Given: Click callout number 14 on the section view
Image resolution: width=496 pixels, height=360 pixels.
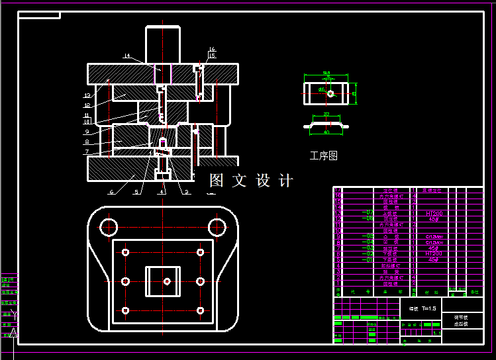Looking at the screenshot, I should click(x=126, y=56).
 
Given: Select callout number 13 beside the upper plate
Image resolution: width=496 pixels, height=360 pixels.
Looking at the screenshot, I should click(x=87, y=96).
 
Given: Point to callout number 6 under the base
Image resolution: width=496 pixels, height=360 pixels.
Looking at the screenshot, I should click(x=111, y=192).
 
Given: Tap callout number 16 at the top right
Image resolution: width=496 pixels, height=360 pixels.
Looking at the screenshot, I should click(x=212, y=49).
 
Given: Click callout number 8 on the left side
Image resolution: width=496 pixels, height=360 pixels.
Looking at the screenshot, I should click(x=87, y=142).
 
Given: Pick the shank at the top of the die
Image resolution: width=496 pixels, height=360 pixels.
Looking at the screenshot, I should click(x=163, y=44).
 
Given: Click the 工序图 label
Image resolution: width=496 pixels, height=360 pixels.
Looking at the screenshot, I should click(x=323, y=156).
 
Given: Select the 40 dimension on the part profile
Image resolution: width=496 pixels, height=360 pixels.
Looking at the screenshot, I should click(x=326, y=132).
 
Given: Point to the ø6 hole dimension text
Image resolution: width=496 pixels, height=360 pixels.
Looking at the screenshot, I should click(x=321, y=89).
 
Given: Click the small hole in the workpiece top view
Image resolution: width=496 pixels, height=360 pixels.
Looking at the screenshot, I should click(x=330, y=94).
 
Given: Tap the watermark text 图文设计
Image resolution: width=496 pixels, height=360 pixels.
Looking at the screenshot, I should click(x=251, y=180).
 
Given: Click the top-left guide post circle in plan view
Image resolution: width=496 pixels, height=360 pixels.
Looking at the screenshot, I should click(x=108, y=228).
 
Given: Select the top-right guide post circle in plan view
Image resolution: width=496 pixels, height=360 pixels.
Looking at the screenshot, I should click(x=217, y=228).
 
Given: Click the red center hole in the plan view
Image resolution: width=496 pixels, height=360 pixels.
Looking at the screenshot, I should click(x=167, y=281).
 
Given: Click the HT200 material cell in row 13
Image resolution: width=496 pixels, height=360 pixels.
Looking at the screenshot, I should click(x=434, y=214).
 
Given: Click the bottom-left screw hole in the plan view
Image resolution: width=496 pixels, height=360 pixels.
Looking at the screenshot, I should click(x=125, y=310).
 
